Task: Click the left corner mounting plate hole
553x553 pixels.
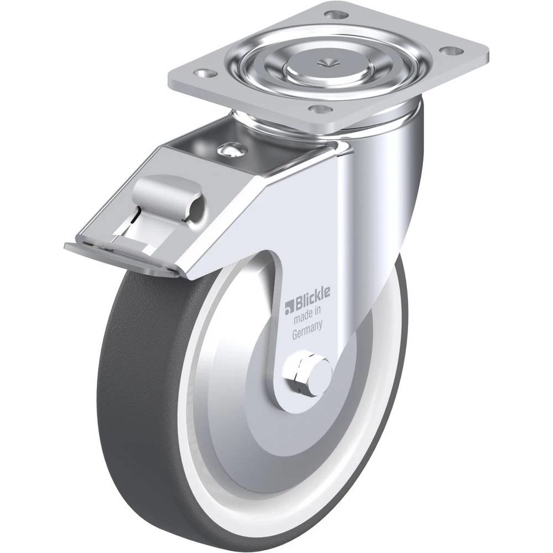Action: pos(205,72)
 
